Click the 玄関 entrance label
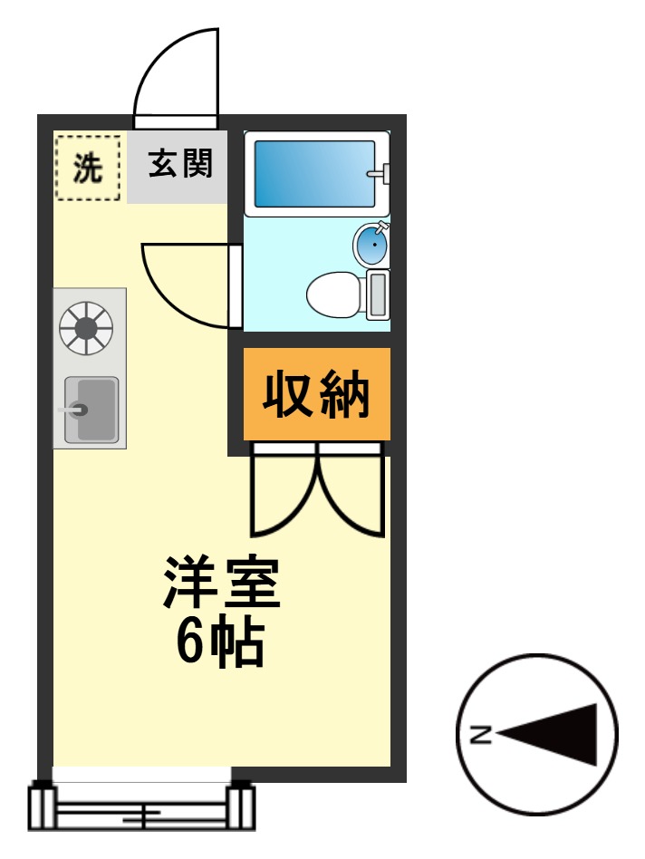click(x=180, y=165)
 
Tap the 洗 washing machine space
click(x=87, y=168)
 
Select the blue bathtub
click(x=313, y=172)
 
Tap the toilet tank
click(x=377, y=294)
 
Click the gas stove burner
click(x=86, y=326)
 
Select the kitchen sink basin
click(x=93, y=410)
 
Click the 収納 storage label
click(x=316, y=395)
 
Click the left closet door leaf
click(x=281, y=498)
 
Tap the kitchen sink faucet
click(x=72, y=410)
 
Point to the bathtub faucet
click(x=379, y=172)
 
